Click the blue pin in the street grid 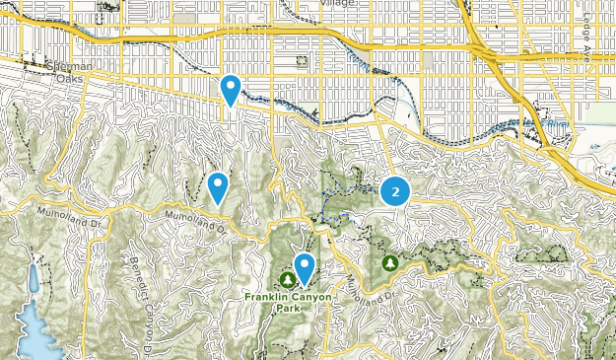[231, 91]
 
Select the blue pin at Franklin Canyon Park [306, 267]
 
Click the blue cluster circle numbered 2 [395, 192]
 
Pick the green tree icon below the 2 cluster [391, 263]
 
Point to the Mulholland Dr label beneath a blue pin [193, 221]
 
